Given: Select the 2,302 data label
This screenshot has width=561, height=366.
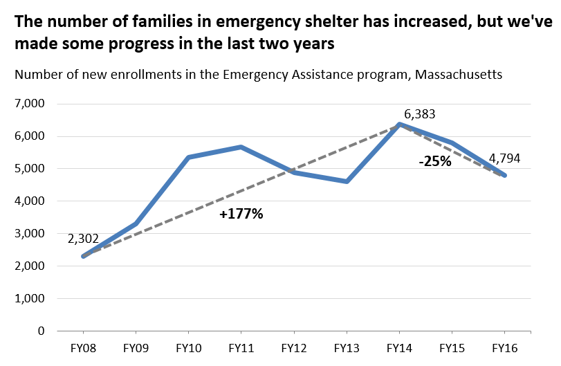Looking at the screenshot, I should [83, 239].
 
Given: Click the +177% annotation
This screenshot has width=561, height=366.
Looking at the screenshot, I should [241, 214].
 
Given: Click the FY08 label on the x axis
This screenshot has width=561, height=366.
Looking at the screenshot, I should [83, 347].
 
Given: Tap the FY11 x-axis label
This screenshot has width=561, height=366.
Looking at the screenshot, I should [241, 347].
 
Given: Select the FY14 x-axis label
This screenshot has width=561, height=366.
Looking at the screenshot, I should [398, 347].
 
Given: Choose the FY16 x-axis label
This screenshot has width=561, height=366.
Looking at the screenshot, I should [504, 347].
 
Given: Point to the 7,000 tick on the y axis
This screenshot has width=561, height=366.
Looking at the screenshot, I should [29, 104].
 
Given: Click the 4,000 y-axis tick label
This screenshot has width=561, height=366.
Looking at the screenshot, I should [29, 201].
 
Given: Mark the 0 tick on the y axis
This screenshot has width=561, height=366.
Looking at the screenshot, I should [40, 331].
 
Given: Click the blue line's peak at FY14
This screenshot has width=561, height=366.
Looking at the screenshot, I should [398, 124].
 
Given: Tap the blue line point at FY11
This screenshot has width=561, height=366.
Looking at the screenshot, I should [241, 147].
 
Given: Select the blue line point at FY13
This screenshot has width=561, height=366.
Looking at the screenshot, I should [346, 181].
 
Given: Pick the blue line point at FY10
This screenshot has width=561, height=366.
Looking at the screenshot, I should [188, 157].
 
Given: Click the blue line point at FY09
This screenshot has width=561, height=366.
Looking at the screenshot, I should [136, 223].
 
